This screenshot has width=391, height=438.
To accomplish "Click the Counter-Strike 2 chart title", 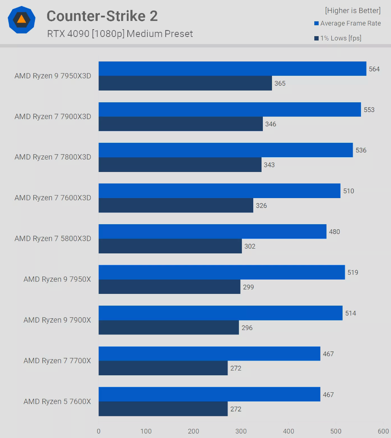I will pyautogui.click(x=102, y=16).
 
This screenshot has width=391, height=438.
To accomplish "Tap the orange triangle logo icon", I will pyautogui.click(x=21, y=19).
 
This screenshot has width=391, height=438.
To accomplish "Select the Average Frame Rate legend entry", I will pyautogui.click(x=347, y=24).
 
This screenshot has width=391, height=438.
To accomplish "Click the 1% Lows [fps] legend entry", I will pyautogui.click(x=338, y=38).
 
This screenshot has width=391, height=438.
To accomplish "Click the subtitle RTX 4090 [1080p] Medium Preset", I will pyautogui.click(x=120, y=34).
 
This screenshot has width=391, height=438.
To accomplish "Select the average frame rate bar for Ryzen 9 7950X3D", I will pyautogui.click(x=232, y=69).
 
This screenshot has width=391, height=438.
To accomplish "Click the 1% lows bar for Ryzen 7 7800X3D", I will pyautogui.click(x=180, y=165).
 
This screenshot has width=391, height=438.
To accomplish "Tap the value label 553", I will pyautogui.click(x=369, y=110).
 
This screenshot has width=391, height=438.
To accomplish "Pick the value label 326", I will pyautogui.click(x=262, y=206).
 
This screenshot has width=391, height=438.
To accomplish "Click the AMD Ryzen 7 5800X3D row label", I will pyautogui.click(x=53, y=239).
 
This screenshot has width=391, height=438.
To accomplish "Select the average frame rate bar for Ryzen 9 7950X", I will pyautogui.click(x=221, y=273).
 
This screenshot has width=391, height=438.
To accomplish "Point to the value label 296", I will pyautogui.click(x=247, y=328).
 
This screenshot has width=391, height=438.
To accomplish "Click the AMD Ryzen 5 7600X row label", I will pyautogui.click(x=57, y=401).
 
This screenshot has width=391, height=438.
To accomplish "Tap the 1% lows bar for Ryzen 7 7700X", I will pyautogui.click(x=163, y=368).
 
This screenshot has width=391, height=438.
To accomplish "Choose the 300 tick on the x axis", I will pyautogui.click(x=241, y=431).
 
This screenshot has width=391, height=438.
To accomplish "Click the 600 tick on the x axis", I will pyautogui.click(x=383, y=431).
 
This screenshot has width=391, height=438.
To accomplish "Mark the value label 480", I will pyautogui.click(x=335, y=232).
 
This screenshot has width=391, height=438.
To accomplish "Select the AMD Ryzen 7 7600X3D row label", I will pyautogui.click(x=53, y=198).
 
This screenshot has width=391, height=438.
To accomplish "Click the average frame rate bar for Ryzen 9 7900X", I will pyautogui.click(x=221, y=313).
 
